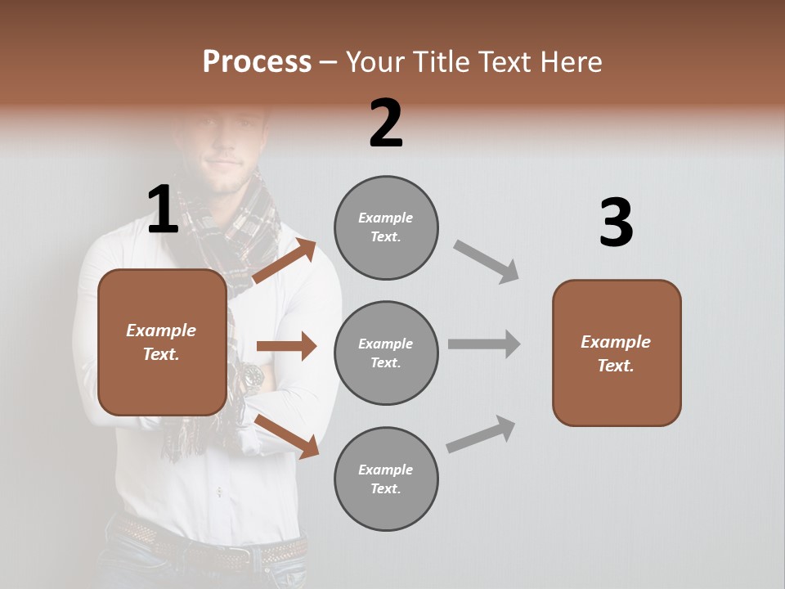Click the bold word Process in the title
(257, 61)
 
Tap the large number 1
(163, 209)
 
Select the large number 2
(386, 124)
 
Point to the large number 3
(616, 223)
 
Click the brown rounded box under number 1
(162, 342)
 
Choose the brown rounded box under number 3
(617, 353)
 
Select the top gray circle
(386, 227)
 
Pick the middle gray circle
(386, 353)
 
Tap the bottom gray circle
(386, 479)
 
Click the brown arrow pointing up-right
(285, 261)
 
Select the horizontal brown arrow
(286, 346)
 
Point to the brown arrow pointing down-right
(287, 436)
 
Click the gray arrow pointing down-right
(487, 261)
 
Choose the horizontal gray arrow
(484, 344)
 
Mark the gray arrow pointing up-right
(482, 434)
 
